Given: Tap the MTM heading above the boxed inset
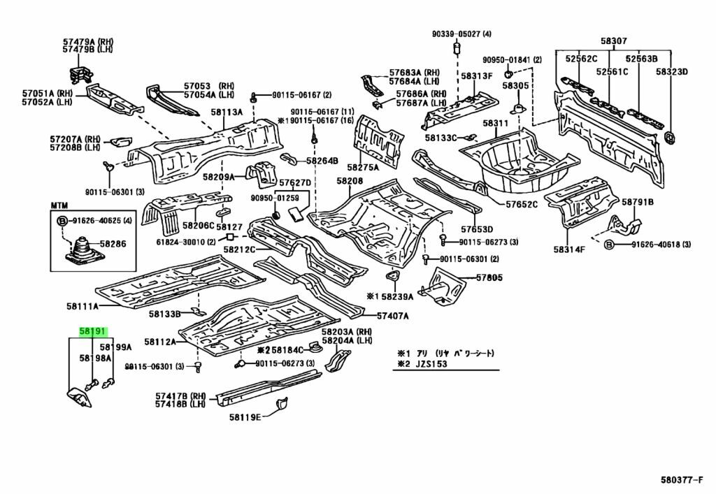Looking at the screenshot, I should (59, 205).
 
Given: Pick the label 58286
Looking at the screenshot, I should (113, 244).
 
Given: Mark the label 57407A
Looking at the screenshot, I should (393, 316).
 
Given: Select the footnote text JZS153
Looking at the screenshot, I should (429, 365).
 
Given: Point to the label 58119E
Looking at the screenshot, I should (245, 417).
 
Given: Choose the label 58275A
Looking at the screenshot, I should (363, 167).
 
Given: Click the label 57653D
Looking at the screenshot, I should (477, 229).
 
